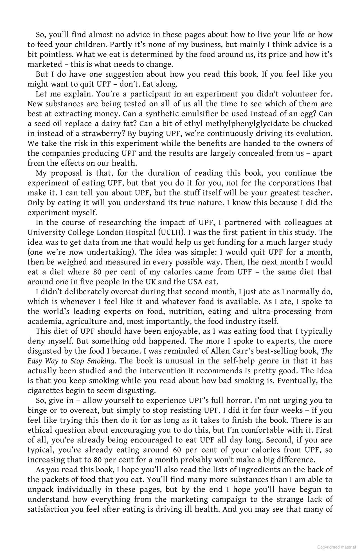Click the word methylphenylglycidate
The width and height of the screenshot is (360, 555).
click(249, 124)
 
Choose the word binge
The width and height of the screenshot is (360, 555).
click(36, 411)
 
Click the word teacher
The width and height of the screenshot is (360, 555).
click(318, 193)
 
